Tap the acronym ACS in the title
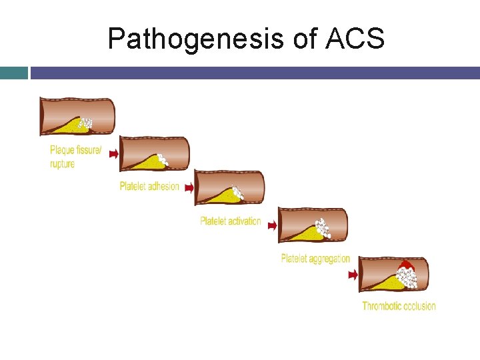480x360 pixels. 355,39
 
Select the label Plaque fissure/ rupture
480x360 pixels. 75,157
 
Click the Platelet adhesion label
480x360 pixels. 149,186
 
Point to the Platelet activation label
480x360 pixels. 230,221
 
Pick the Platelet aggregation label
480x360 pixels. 315,259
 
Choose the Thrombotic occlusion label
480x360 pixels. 399,306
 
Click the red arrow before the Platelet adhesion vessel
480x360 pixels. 113,154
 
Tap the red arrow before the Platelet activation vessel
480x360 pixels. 189,189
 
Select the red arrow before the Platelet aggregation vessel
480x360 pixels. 272,225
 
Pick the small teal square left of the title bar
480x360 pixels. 13,72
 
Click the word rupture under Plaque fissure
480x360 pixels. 62,164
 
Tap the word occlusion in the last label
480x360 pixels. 418,306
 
